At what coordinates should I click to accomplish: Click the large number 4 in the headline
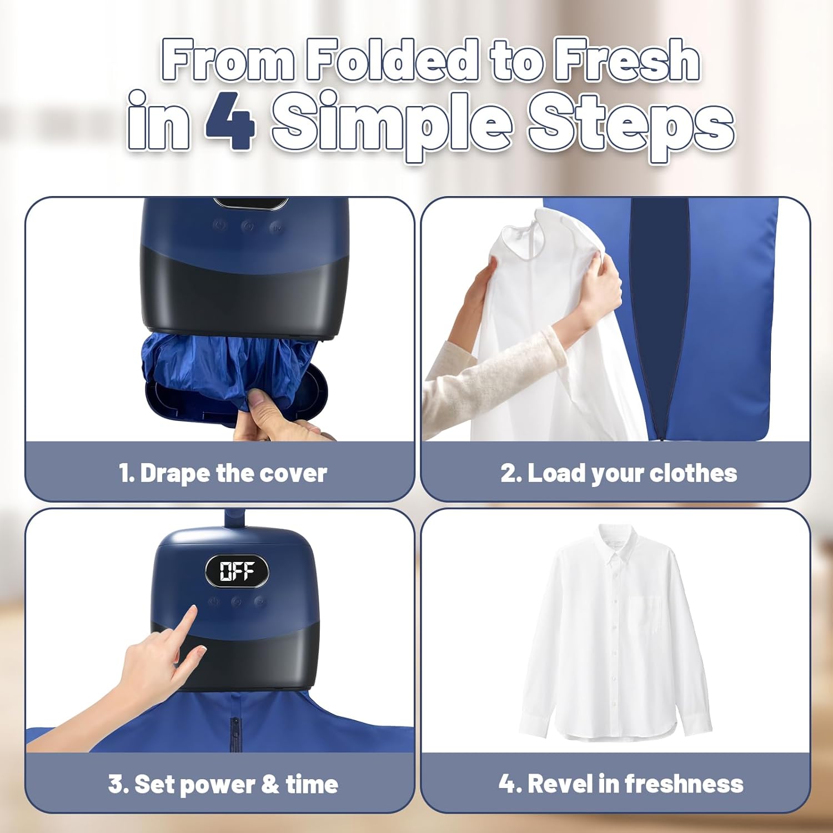[x=230, y=121]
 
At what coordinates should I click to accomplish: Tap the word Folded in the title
[x=392, y=60]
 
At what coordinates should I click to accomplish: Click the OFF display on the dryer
[x=237, y=571]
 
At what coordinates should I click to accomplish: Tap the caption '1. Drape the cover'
[x=223, y=473]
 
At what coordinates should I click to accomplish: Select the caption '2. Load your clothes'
[x=619, y=473]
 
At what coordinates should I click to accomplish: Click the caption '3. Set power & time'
[x=223, y=784]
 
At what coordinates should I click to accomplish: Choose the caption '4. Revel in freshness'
[x=621, y=784]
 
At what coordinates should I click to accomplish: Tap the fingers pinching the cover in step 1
[x=261, y=408]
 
